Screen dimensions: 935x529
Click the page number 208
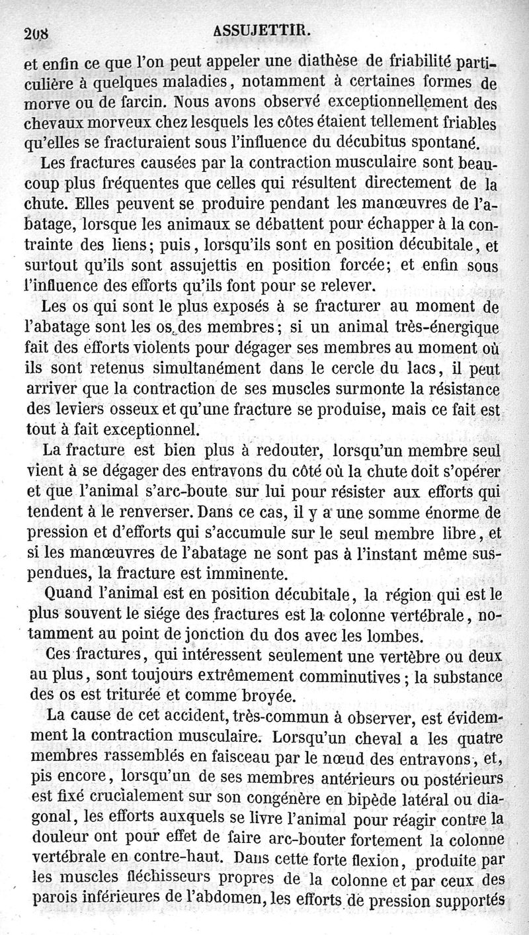[x=39, y=34]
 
